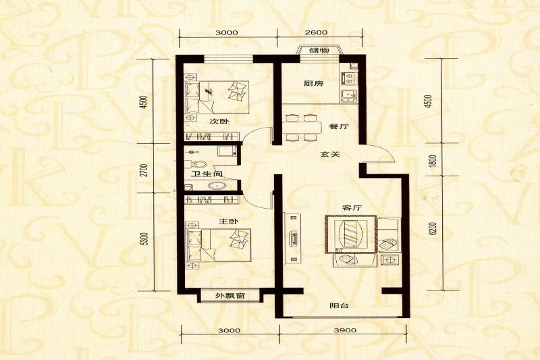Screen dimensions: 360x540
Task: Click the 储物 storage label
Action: (x=319, y=51)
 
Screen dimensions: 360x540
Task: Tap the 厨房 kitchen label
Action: (x=313, y=84)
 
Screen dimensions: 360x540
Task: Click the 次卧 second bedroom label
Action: (x=217, y=122)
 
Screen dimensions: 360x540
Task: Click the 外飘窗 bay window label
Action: (x=230, y=297)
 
